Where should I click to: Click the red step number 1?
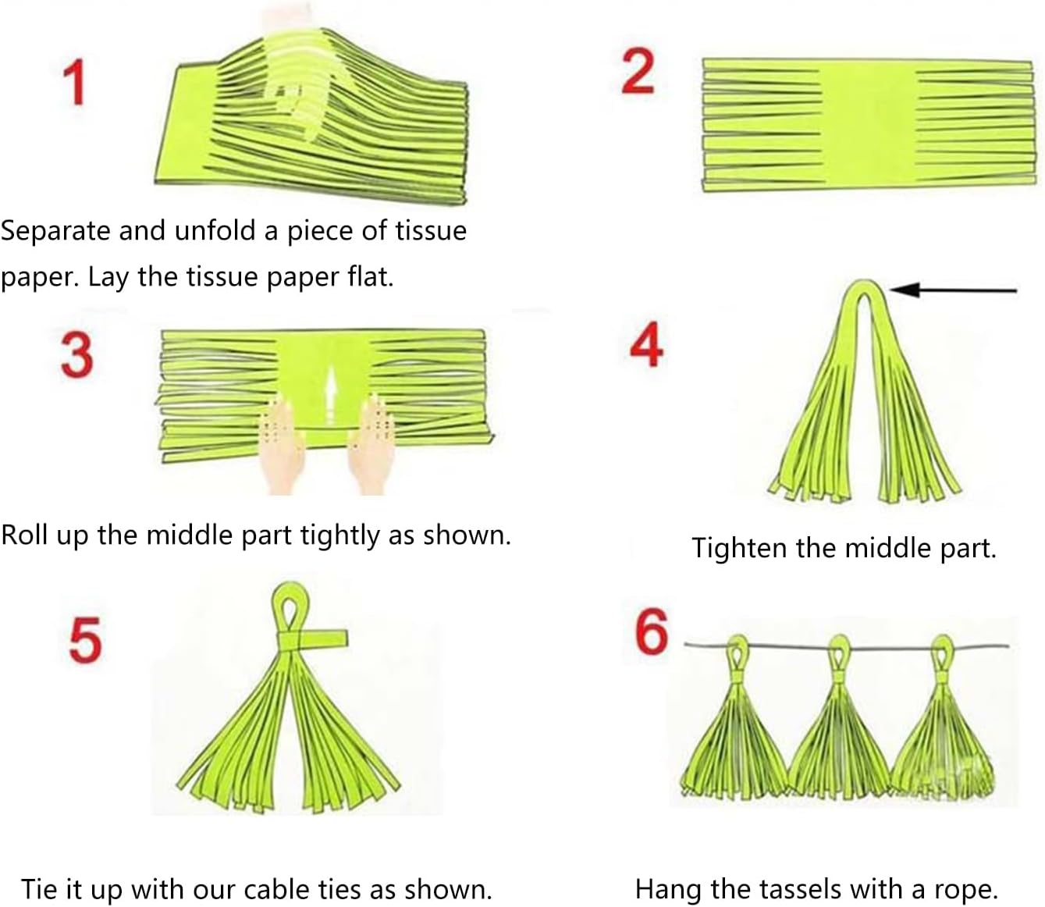click(x=75, y=82)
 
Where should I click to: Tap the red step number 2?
click(x=638, y=71)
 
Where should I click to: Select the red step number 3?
click(x=77, y=354)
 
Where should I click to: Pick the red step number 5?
click(x=85, y=639)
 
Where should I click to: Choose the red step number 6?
click(x=652, y=631)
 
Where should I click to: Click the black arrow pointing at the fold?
click(x=953, y=290)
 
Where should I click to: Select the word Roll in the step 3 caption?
click(x=24, y=535)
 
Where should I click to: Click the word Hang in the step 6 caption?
click(x=669, y=890)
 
